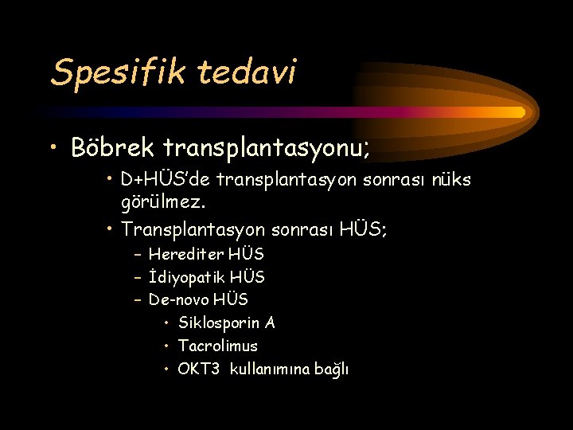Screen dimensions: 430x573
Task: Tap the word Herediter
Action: (x=187, y=255)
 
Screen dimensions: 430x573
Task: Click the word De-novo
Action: (x=177, y=300)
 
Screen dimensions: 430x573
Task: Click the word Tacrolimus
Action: (x=218, y=346)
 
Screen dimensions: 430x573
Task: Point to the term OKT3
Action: (x=198, y=369)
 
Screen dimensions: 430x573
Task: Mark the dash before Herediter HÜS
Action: (x=138, y=255)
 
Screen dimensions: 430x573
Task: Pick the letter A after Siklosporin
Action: (x=270, y=323)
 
